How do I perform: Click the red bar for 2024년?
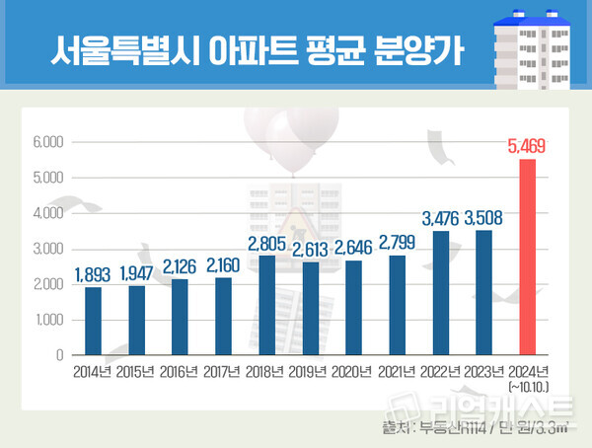coord(528,257)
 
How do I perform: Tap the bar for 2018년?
coord(266,305)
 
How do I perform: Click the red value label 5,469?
coord(527,147)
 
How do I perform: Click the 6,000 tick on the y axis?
coord(47,142)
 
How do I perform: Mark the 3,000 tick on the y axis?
coord(47,249)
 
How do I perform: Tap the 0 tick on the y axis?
coord(58,354)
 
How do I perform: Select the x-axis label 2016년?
coord(179,372)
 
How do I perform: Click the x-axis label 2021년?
coord(397,372)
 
